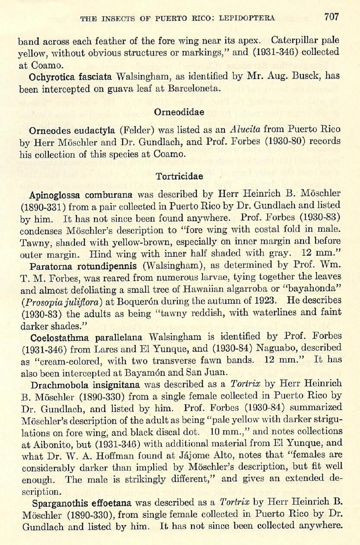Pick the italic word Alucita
click(x=245, y=129)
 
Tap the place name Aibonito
click(x=46, y=443)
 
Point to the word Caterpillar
click(x=294, y=40)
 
